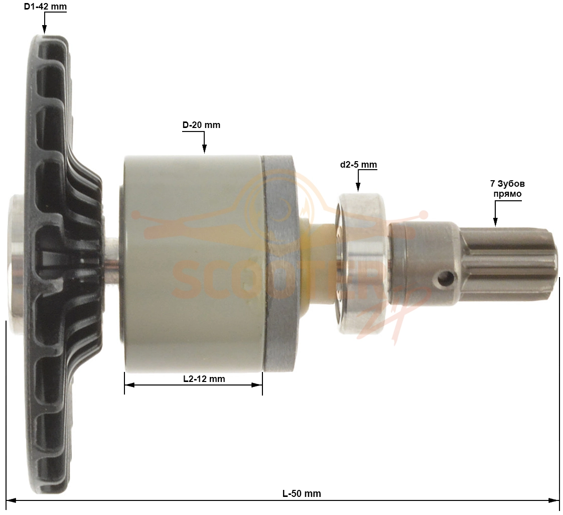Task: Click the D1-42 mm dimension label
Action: pos(45,7)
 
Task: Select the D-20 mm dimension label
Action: pos(201,125)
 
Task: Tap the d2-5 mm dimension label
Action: pos(358,165)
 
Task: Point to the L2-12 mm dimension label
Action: pos(204,378)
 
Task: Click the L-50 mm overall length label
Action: pos(302,493)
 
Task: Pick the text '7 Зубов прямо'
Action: pos(507,189)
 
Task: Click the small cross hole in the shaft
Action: pos(445,277)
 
